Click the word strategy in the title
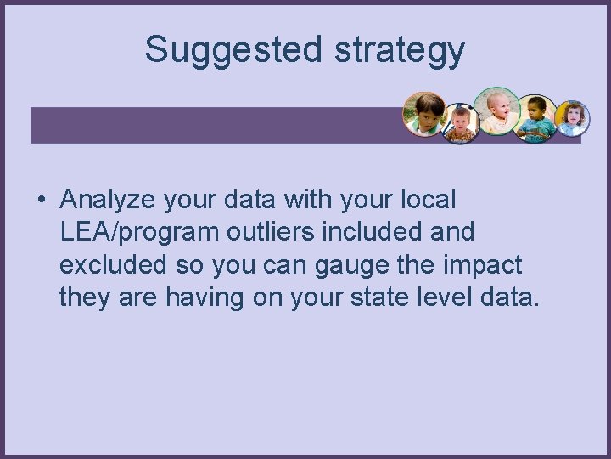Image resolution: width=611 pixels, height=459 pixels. pos(400,51)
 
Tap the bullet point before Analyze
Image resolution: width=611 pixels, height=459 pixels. pos(40,201)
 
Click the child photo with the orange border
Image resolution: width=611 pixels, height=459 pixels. pos(425,113)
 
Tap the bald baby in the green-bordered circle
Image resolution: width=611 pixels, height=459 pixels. pos(496,110)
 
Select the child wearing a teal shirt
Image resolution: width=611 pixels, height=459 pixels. pos(536,118)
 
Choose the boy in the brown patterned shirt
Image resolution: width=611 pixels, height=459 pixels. pos(462,124)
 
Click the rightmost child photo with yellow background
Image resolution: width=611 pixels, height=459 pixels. pos(573,118)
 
